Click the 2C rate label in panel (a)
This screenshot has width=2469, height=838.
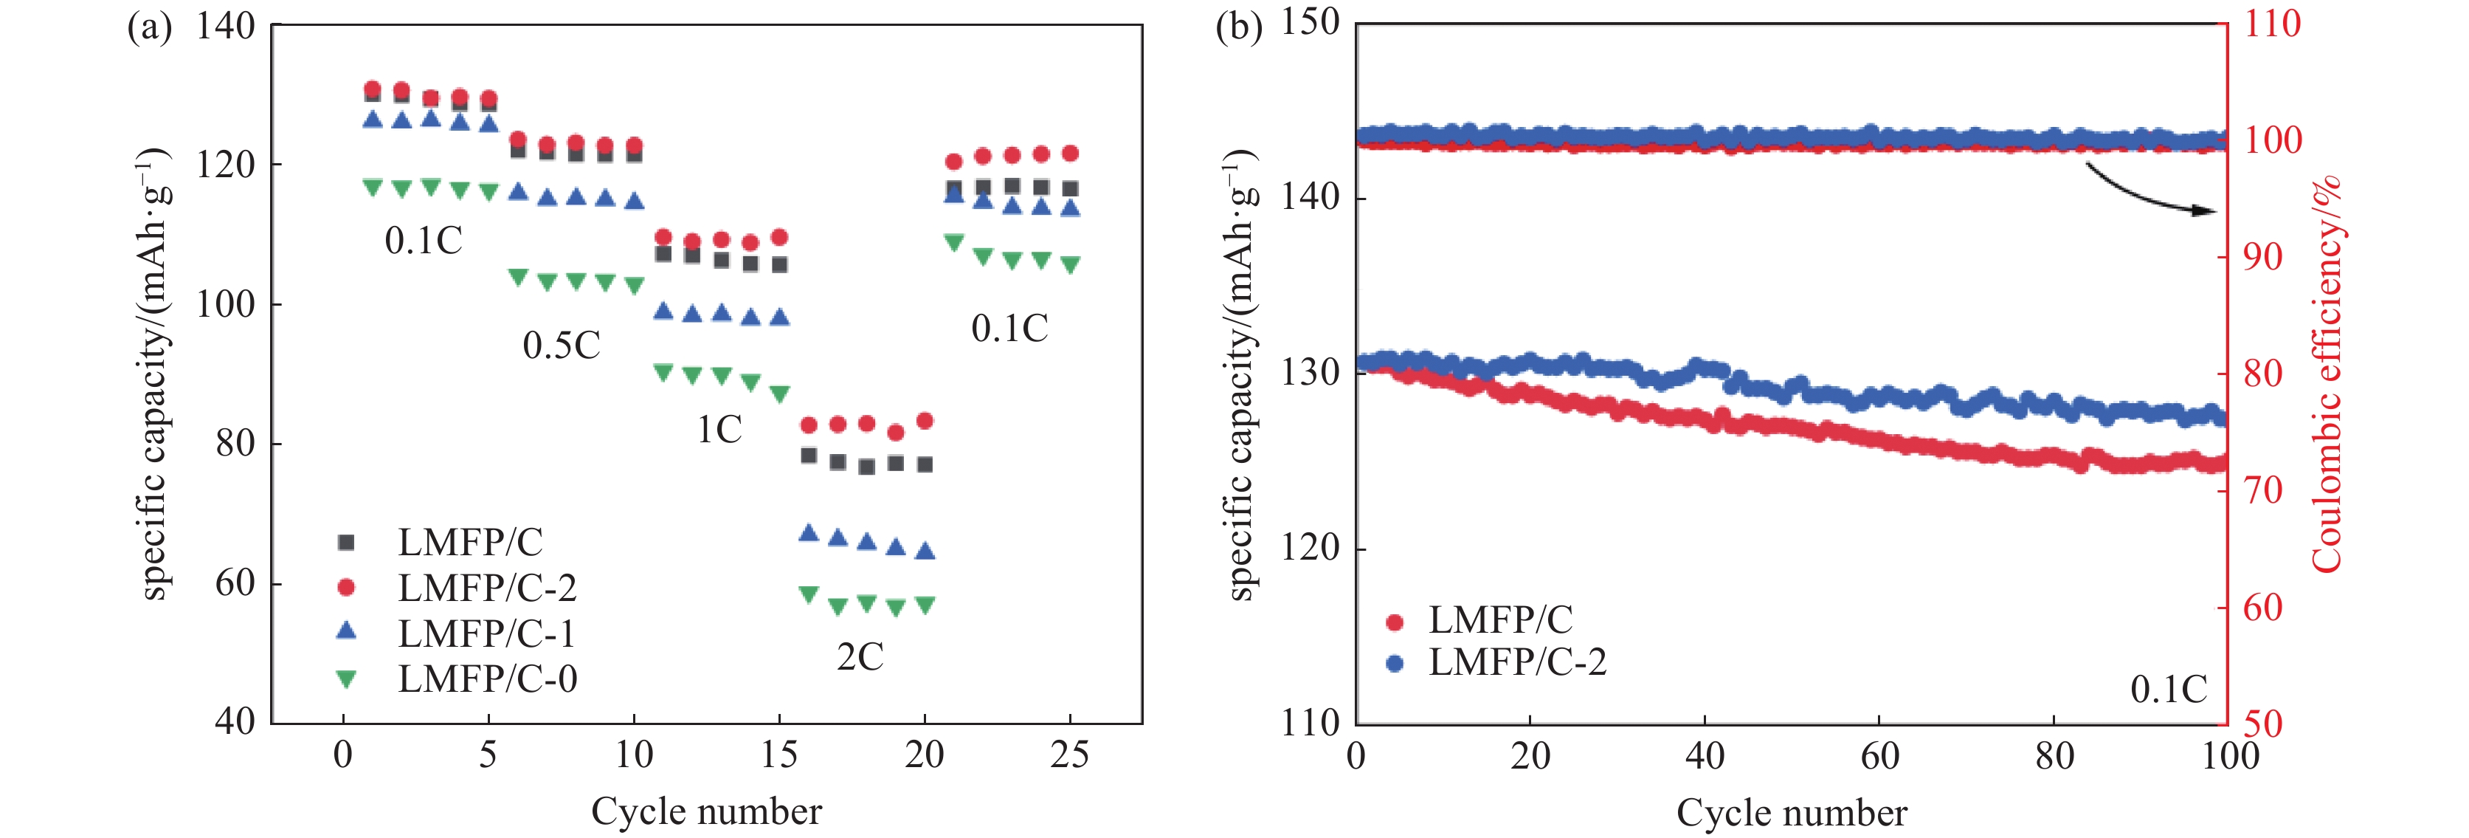tap(860, 658)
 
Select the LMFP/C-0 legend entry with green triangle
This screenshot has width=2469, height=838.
tap(487, 679)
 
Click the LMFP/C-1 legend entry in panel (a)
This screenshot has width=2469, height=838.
tap(487, 633)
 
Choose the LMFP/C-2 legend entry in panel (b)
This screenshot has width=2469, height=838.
tap(1516, 662)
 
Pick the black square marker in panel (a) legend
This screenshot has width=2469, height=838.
tap(347, 543)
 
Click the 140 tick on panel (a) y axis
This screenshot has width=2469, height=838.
tap(225, 26)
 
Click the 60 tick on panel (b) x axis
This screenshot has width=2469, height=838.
tap(1879, 757)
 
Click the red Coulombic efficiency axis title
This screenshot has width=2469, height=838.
tap(2326, 374)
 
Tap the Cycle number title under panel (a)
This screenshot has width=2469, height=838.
tap(706, 812)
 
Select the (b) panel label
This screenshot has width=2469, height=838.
tap(1238, 26)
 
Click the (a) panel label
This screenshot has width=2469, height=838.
tap(150, 26)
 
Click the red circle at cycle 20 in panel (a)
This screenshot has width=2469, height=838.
tap(925, 421)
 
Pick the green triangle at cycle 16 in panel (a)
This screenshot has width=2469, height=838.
tap(809, 594)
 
